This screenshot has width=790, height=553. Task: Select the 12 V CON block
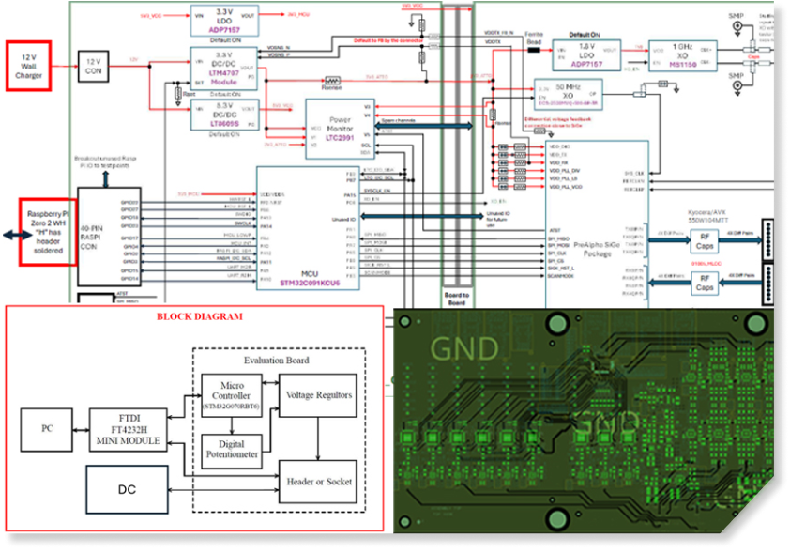[x=94, y=65]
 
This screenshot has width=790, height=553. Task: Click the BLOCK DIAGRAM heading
[x=199, y=317]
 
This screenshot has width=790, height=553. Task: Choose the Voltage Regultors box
[x=318, y=395]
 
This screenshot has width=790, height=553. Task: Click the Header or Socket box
[x=318, y=482]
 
